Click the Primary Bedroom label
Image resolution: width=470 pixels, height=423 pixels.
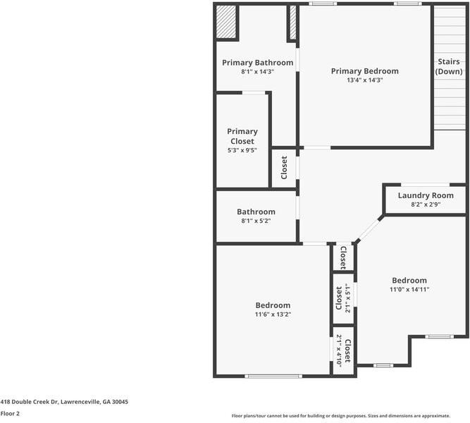tap(365, 71)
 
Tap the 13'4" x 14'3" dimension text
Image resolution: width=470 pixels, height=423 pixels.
tap(365, 80)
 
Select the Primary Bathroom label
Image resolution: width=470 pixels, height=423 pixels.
tap(257, 63)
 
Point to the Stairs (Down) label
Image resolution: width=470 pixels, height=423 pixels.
tap(449, 67)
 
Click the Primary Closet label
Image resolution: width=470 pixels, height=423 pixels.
tap(242, 136)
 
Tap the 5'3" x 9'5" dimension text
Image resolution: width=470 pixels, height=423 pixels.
tap(242, 150)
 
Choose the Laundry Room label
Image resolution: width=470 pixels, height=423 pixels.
tap(426, 195)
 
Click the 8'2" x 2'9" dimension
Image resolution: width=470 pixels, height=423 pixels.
tap(426, 204)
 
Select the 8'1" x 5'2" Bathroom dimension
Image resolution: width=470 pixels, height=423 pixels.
tap(256, 221)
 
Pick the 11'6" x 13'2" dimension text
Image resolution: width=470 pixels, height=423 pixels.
tap(273, 314)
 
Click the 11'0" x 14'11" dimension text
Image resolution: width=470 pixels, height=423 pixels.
tap(409, 289)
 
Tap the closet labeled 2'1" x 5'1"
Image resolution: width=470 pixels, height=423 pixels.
tap(343, 298)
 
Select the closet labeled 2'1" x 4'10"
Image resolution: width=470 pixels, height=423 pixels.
tap(343, 350)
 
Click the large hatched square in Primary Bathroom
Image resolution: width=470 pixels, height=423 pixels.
tap(226, 23)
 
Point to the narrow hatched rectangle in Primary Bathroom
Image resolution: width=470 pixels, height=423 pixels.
tap(292, 23)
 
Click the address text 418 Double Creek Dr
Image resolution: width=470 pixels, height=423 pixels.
tap(64, 401)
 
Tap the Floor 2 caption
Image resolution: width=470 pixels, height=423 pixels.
tap(10, 414)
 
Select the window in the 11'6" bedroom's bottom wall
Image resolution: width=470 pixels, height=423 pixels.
tap(273, 376)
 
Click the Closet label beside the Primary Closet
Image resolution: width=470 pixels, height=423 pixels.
tap(284, 168)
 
